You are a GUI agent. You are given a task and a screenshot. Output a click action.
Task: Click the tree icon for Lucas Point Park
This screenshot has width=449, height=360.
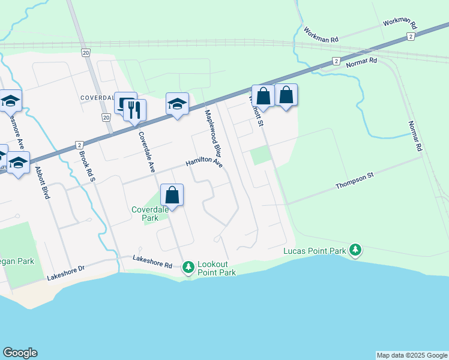click(x=356, y=249)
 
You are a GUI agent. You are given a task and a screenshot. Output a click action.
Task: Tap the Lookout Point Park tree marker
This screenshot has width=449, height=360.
click(x=188, y=266)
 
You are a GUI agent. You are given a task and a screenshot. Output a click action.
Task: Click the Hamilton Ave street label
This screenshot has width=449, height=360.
click(x=204, y=163)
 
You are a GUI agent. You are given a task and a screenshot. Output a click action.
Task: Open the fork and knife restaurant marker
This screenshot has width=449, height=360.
click(x=135, y=109)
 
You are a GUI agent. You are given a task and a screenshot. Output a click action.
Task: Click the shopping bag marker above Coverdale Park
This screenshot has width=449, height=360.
click(x=172, y=195)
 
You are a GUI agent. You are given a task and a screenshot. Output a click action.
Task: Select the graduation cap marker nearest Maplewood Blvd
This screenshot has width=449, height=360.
click(x=177, y=104)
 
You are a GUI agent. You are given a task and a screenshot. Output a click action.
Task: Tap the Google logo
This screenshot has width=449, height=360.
click(x=20, y=353)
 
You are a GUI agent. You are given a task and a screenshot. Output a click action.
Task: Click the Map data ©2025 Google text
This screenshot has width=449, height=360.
click(x=412, y=355)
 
